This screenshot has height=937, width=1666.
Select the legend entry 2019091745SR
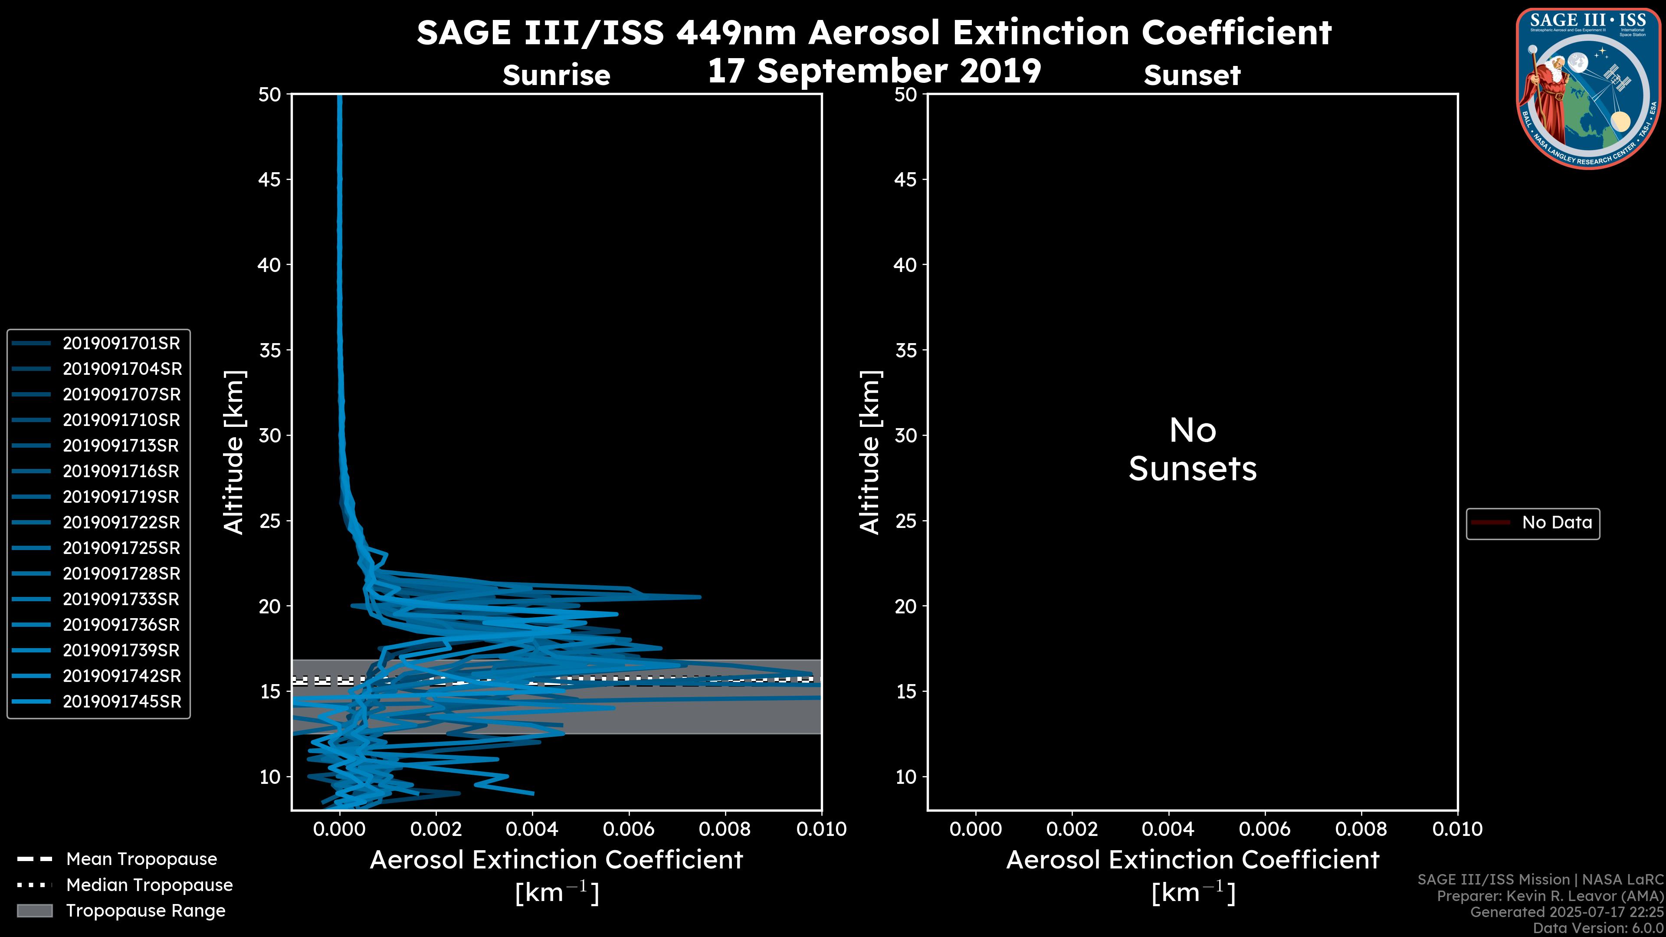coord(121,701)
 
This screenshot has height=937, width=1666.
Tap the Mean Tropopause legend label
coord(141,859)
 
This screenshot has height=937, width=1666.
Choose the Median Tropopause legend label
coord(149,885)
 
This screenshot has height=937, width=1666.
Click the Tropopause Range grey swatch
coord(35,911)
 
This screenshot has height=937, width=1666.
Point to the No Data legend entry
coord(1556,522)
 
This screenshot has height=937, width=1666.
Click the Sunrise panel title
coord(556,75)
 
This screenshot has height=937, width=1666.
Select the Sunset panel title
coord(1191,75)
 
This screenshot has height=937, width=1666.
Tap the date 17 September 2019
coord(874,71)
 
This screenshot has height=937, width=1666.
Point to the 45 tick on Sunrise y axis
coord(270,180)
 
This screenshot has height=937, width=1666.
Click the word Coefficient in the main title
coord(1236,33)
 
